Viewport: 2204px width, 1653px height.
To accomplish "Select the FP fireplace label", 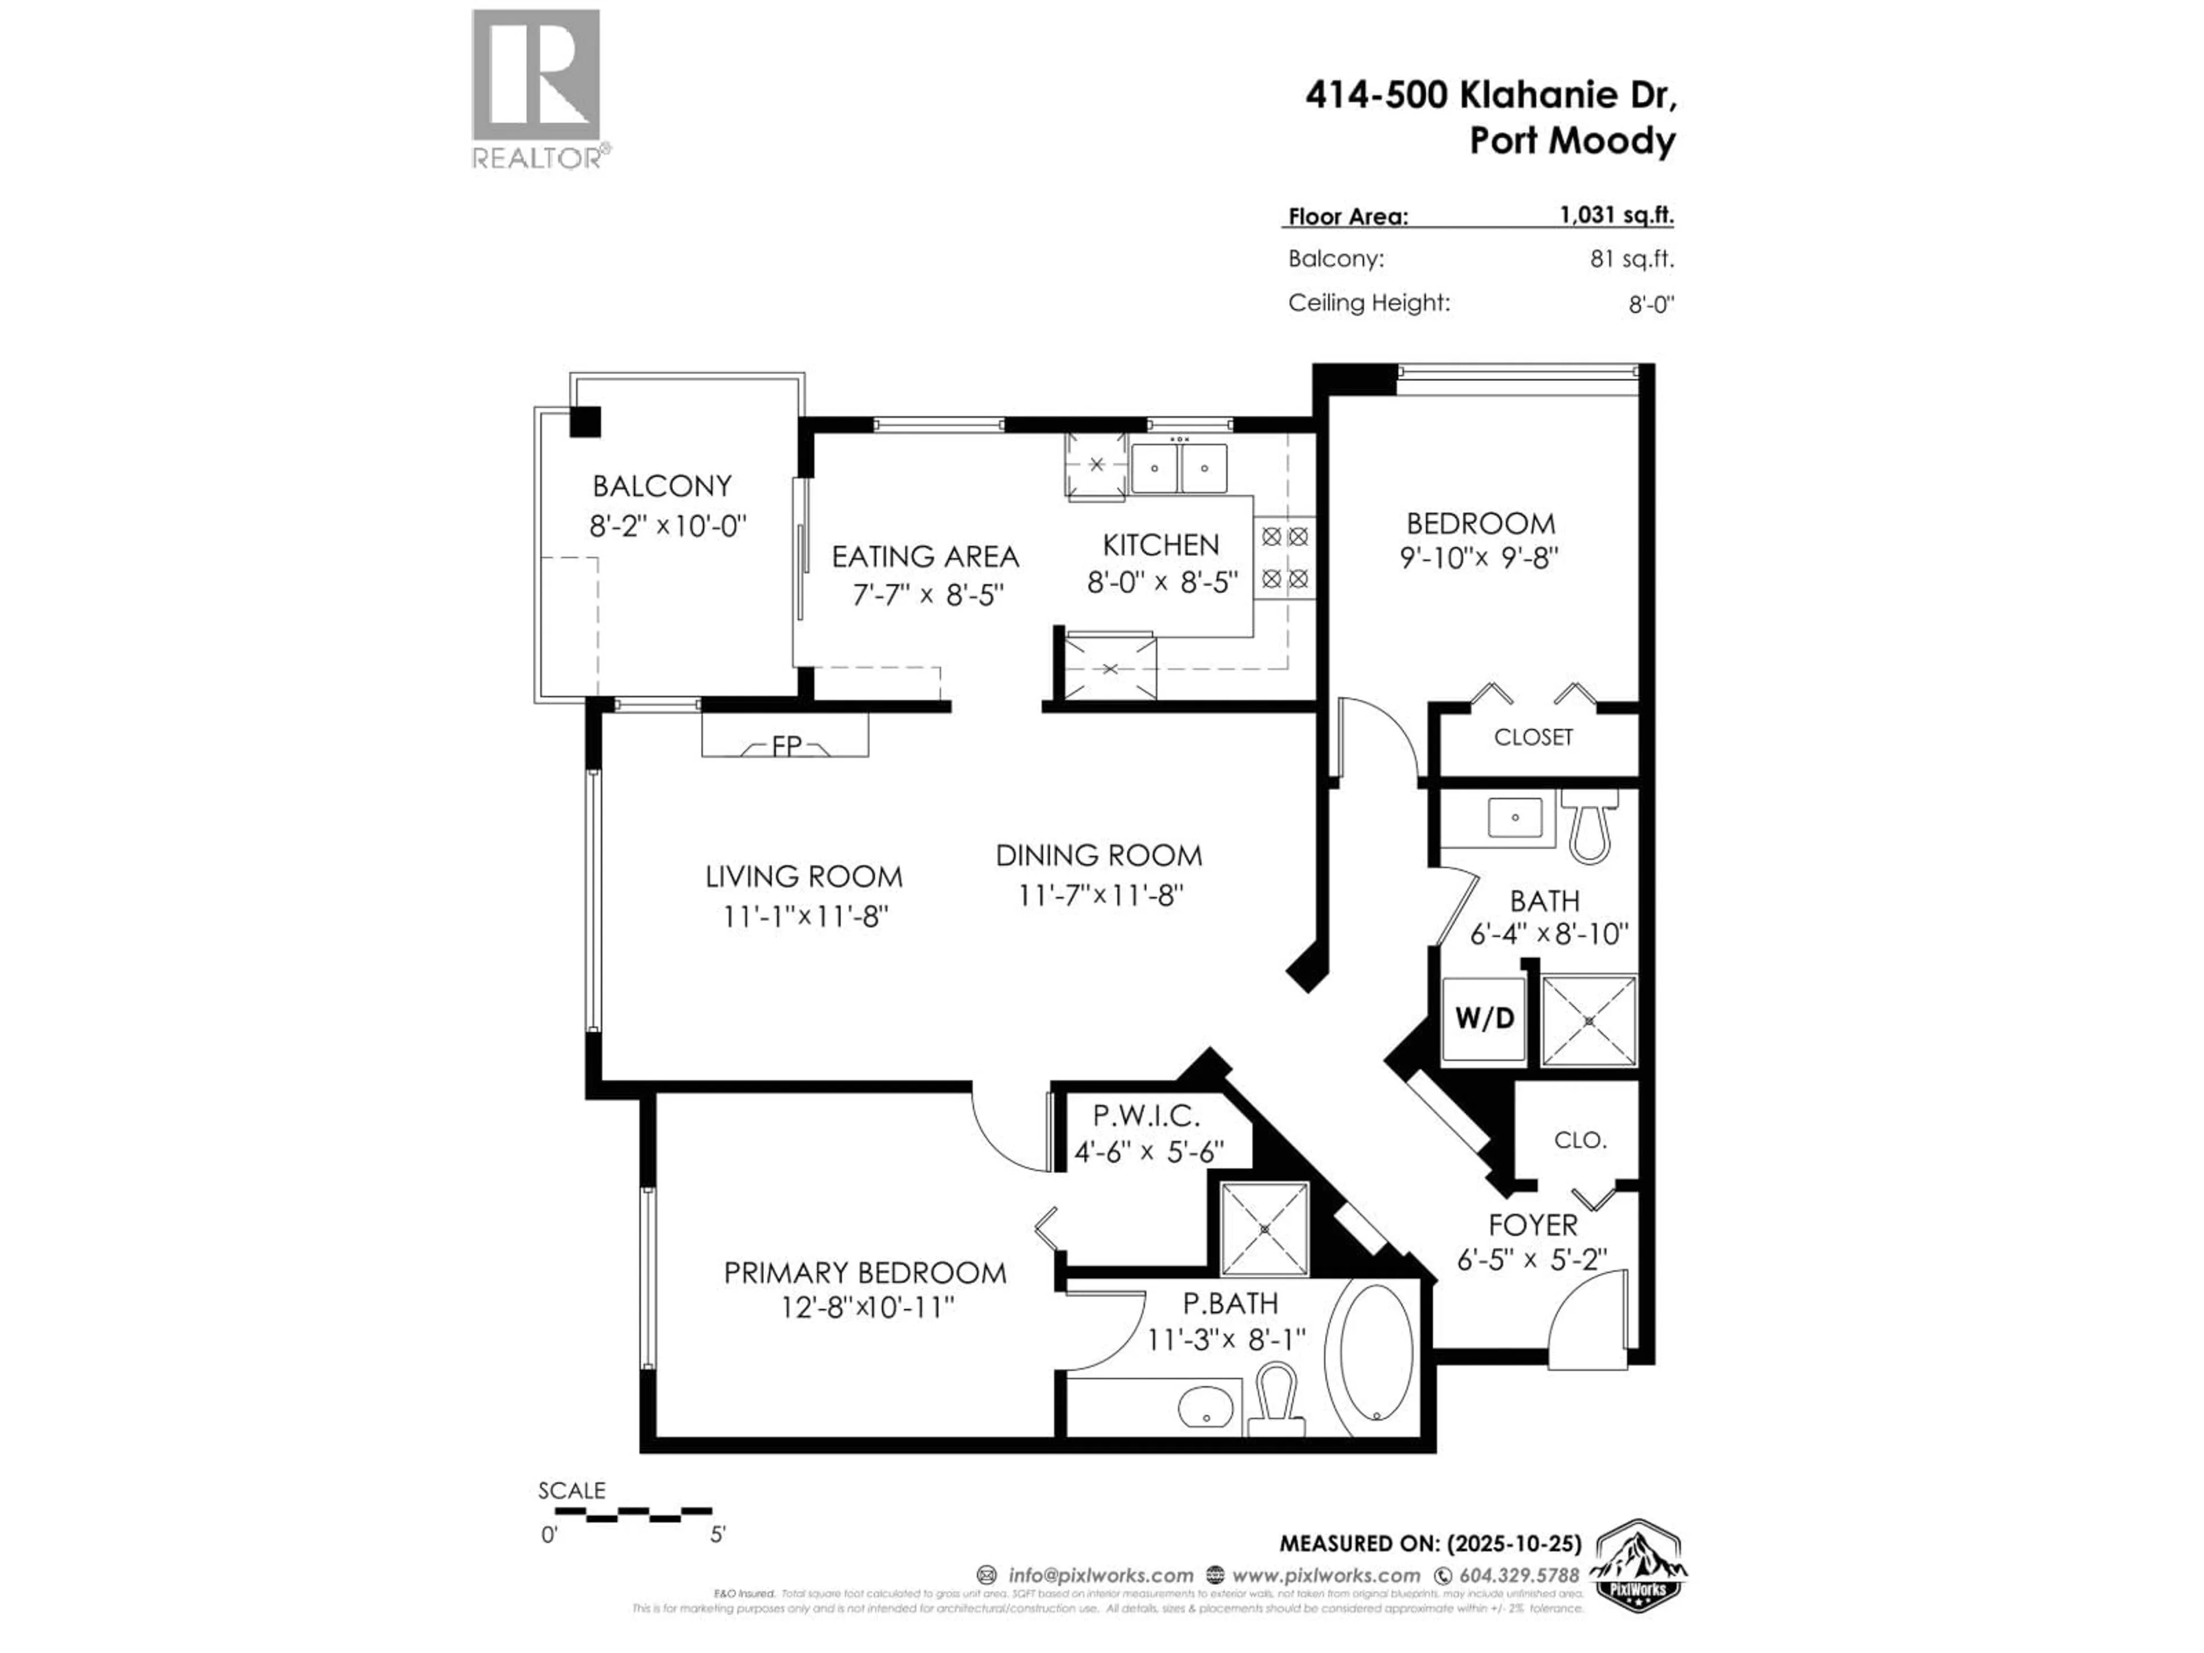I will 786,746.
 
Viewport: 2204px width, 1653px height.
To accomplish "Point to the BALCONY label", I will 662,486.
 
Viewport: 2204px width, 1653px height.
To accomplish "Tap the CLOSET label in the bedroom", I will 1532,738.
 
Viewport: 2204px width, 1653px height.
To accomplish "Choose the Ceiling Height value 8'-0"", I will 1650,304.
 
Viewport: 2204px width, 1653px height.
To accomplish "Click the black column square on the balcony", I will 585,421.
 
